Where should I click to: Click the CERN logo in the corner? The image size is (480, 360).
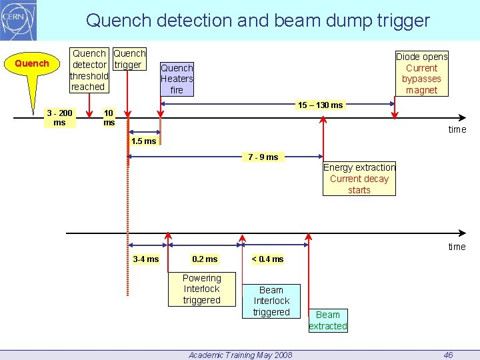click(x=18, y=21)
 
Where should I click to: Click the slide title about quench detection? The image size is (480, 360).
click(x=257, y=21)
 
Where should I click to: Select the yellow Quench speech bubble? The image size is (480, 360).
click(x=31, y=64)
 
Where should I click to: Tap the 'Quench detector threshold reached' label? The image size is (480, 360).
click(x=89, y=70)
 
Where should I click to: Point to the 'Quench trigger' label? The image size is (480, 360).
click(x=129, y=59)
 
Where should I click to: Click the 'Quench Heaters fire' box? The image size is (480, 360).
click(x=177, y=79)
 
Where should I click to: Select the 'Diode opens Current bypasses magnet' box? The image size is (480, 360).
click(x=421, y=73)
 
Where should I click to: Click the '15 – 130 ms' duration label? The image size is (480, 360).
click(x=320, y=105)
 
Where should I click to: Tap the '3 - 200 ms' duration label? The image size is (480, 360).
click(x=59, y=117)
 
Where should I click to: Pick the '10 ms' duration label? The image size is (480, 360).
click(x=109, y=117)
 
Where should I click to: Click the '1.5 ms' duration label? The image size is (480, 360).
click(x=143, y=141)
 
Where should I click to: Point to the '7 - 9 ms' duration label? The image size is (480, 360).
click(x=263, y=157)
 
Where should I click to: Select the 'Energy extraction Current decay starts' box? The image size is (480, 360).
click(x=359, y=179)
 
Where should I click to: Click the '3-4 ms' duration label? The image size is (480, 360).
click(x=146, y=259)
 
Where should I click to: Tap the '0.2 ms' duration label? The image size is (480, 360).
click(x=205, y=259)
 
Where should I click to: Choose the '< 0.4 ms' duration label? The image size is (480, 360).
click(x=267, y=259)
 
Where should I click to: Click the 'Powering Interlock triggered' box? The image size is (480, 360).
click(x=201, y=289)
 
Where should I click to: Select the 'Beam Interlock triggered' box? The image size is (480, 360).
click(x=271, y=301)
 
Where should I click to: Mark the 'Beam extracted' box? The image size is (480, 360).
click(x=327, y=320)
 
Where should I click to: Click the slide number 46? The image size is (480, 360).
click(x=448, y=355)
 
